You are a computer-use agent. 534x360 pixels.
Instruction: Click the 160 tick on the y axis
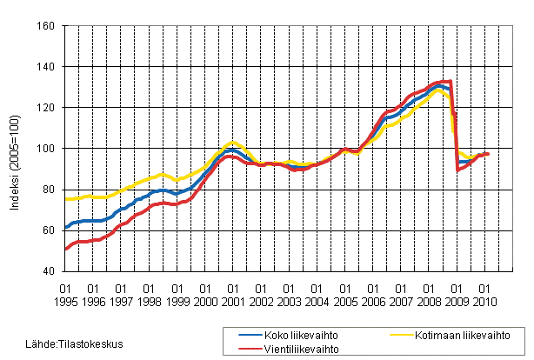47,26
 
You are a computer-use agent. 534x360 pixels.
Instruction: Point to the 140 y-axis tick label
47,67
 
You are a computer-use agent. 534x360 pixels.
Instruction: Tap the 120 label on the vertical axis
47,108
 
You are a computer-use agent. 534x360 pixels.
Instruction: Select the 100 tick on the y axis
47,149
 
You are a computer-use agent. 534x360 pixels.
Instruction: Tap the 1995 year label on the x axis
65,301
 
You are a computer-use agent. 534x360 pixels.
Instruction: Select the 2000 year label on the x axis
205,301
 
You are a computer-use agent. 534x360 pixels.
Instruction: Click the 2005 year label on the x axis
345,301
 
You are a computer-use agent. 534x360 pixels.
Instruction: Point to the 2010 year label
485,301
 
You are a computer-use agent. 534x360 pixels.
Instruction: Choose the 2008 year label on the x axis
430,301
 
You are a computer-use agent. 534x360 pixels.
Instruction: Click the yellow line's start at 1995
66,199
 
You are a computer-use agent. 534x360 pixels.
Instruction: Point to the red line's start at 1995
66,249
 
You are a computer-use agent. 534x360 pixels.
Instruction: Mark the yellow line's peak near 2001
231,142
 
